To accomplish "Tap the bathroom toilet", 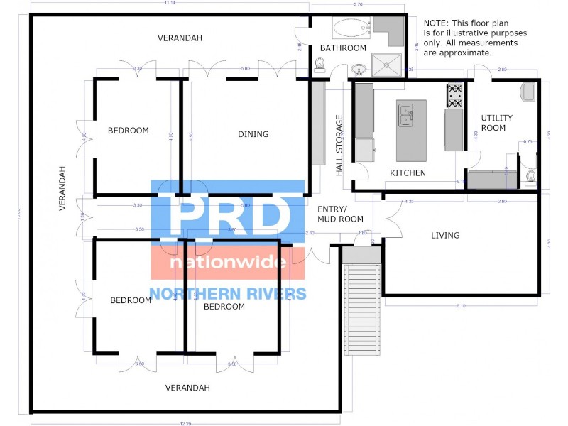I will point(319,65).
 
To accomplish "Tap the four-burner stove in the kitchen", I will point(454,96).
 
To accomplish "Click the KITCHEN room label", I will point(408,173).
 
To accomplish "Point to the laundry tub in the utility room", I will point(528,92).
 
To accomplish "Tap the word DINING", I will point(253,134).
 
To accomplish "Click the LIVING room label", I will point(445,235).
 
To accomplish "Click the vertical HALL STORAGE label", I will point(339,146).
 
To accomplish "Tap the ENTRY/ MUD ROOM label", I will point(340,213).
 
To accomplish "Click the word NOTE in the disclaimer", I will point(436,23).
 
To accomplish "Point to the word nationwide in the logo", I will point(228,263).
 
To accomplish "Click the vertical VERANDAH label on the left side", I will point(62,189).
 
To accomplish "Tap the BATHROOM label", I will point(343,48).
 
